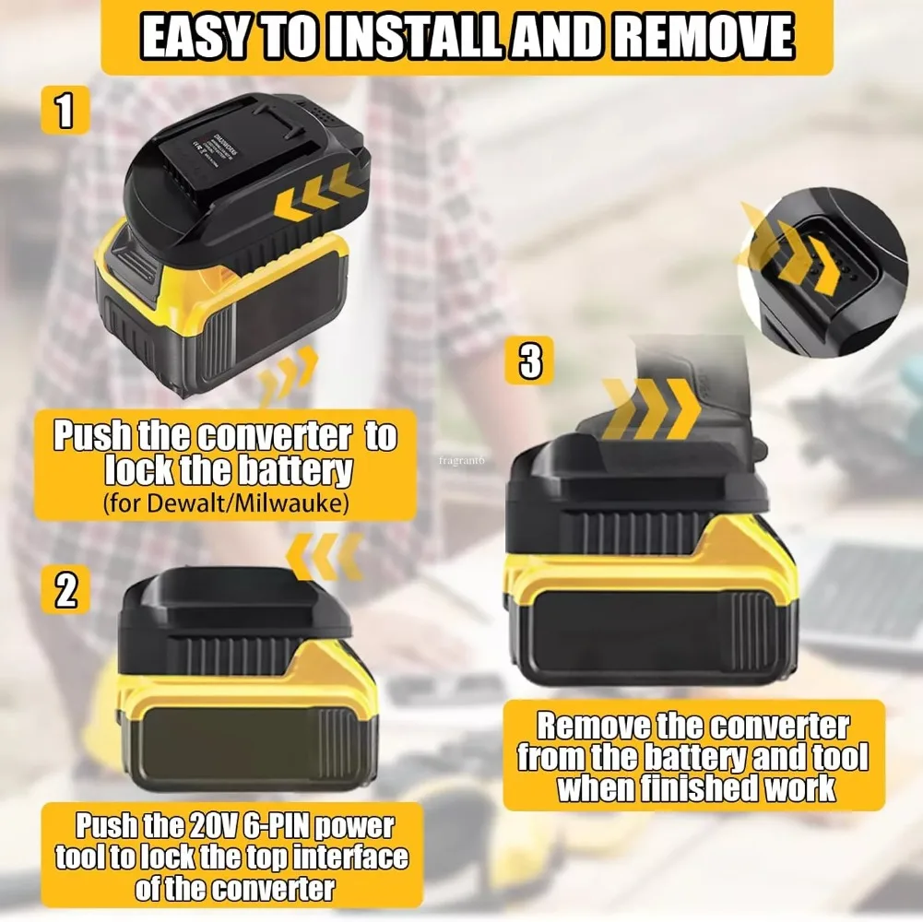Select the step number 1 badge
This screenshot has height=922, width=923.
[x=65, y=112]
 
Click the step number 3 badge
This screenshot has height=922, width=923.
[x=530, y=361]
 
